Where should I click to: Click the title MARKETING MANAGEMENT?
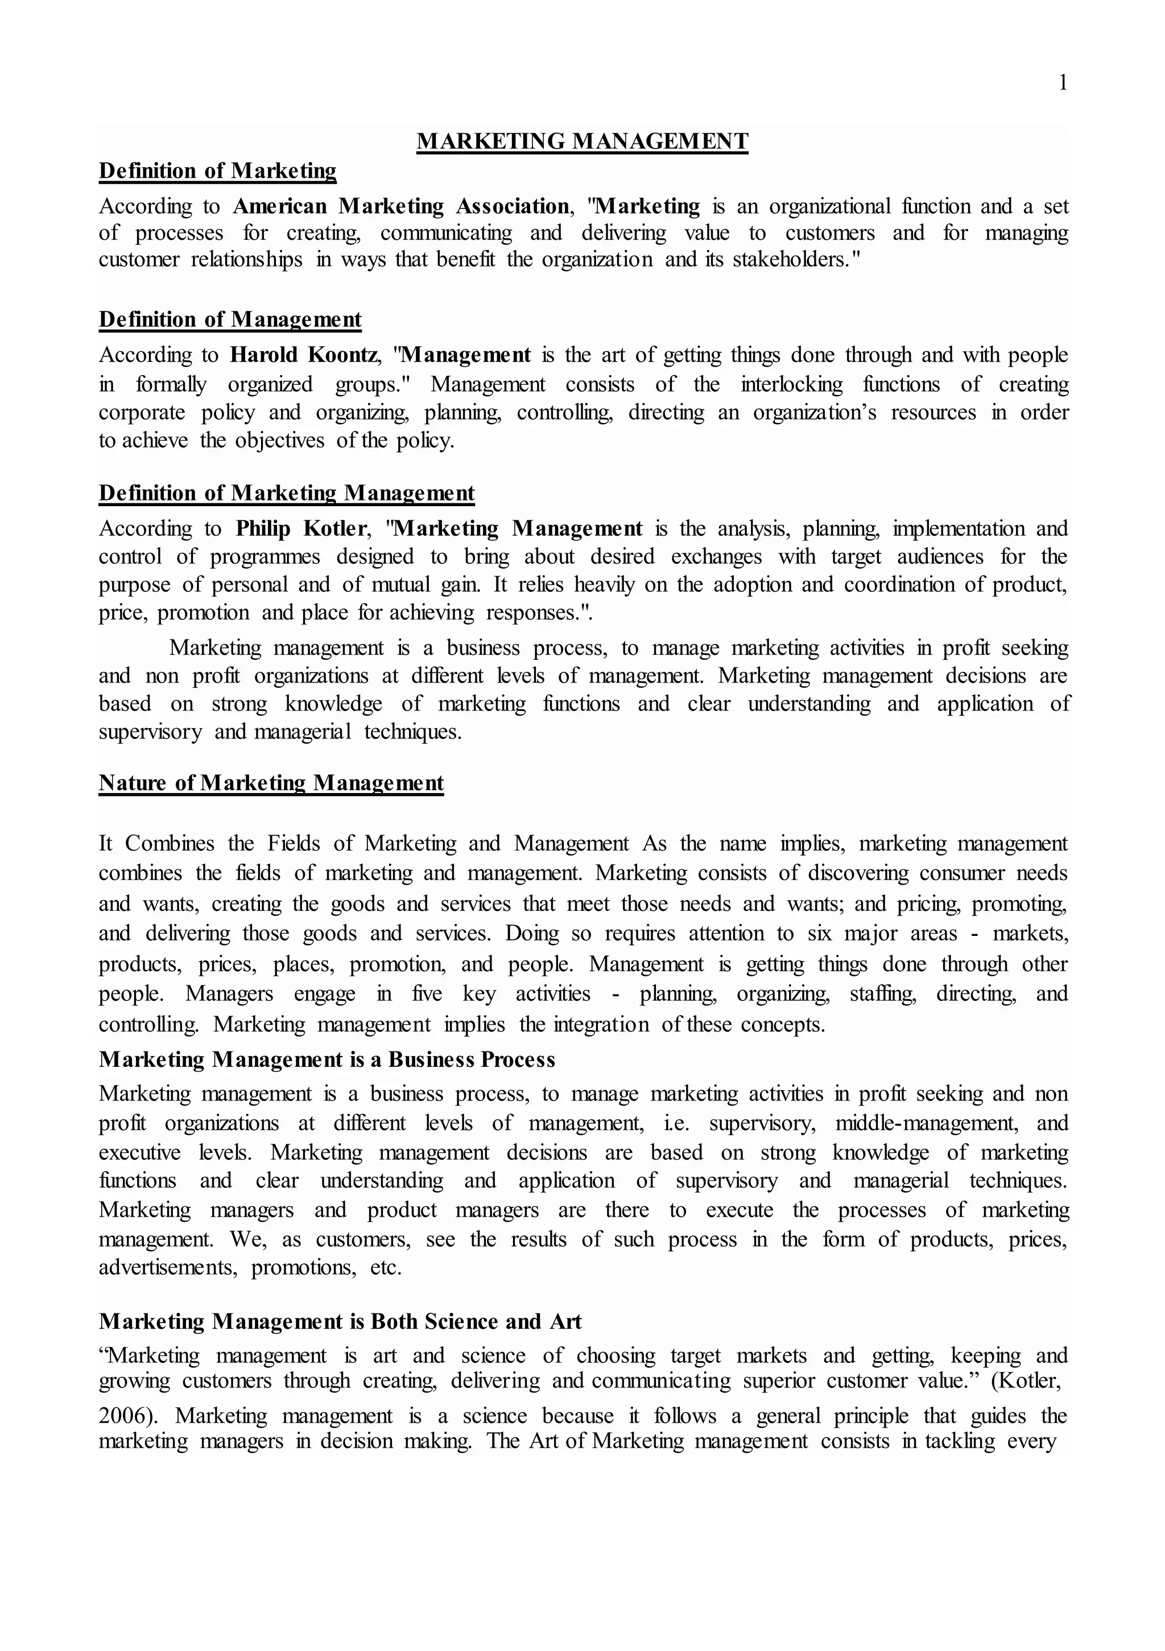click(x=582, y=141)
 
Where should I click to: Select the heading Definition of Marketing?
click(x=217, y=171)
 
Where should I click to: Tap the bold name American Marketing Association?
click(x=401, y=206)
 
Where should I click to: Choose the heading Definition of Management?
click(x=230, y=319)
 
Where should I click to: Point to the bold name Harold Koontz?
click(x=303, y=355)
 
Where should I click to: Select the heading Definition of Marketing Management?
click(x=286, y=493)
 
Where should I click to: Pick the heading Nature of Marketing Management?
click(x=271, y=783)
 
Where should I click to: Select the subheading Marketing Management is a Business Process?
click(x=327, y=1060)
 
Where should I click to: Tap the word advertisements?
click(x=167, y=1268)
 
